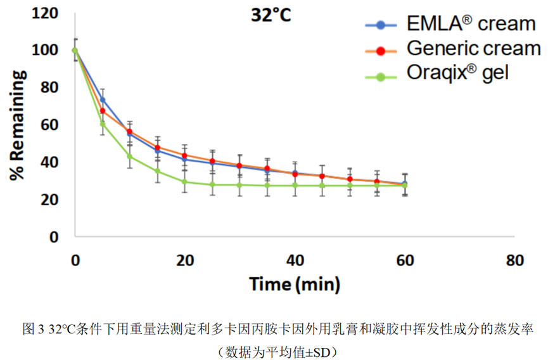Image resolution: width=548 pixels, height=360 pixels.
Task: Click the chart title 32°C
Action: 269,15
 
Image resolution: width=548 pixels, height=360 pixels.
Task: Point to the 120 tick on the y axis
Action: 53,13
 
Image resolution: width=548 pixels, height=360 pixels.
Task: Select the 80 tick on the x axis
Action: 515,260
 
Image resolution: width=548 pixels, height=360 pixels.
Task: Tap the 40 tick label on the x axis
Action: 295,260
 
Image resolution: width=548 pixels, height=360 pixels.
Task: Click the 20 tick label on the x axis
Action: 185,260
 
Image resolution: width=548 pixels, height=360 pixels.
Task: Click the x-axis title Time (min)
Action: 295,283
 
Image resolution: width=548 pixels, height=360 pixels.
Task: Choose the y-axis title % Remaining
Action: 19,125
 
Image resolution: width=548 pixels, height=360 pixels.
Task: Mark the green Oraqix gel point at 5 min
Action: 103,124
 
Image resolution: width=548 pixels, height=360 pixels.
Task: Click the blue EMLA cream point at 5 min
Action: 103,100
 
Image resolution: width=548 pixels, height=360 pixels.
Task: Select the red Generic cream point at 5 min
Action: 103,111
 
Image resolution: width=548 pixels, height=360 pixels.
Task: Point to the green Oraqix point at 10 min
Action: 130,156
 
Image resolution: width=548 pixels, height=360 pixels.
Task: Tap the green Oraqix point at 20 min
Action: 185,182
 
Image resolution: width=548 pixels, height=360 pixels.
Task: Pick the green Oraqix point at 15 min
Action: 158,171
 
